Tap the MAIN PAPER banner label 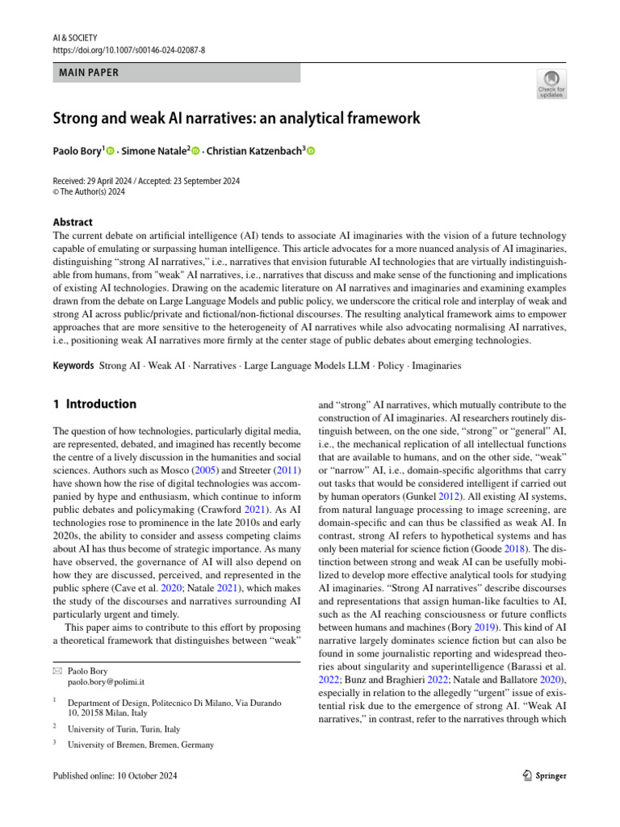coord(89,73)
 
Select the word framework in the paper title coord(380,119)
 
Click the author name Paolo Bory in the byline coord(77,151)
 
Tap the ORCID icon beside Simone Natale coord(195,151)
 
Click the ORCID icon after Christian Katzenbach coord(311,151)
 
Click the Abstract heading coord(73,222)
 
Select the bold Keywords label coord(73,366)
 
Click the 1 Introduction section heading coord(94,404)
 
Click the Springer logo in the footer coord(540,775)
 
